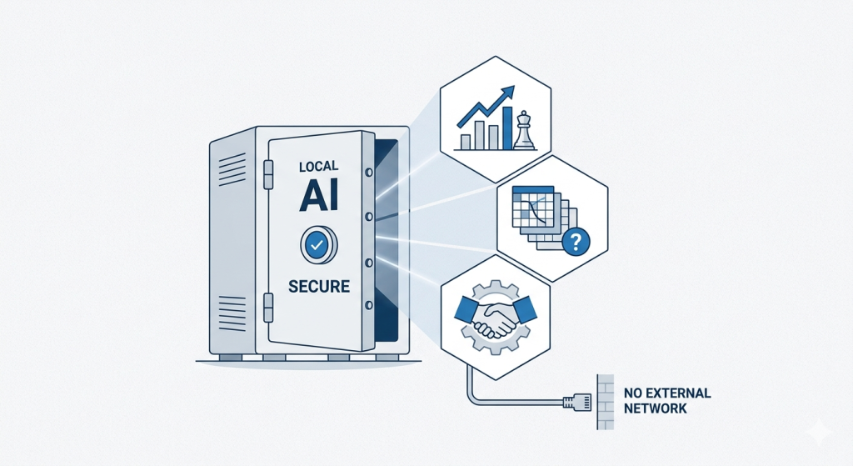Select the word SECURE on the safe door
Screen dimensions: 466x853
coord(318,286)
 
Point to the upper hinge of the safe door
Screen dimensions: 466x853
coord(268,173)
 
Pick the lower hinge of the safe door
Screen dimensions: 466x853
coord(268,307)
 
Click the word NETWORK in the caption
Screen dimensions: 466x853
coord(655,408)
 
